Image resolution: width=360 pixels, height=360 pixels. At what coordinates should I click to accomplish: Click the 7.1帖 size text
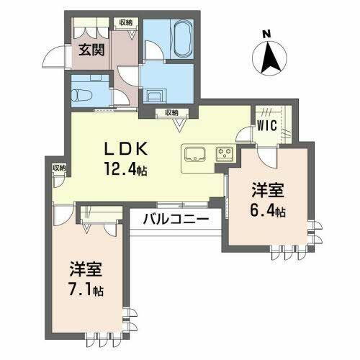[x=87, y=291]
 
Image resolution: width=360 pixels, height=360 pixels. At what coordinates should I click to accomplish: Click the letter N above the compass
[x=267, y=32]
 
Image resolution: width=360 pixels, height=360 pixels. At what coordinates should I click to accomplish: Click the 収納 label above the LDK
[x=171, y=112]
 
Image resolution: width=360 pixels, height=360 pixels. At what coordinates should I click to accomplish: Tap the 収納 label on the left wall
[x=58, y=168]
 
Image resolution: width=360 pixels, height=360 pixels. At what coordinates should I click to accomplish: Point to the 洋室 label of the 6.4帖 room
[x=267, y=192]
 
